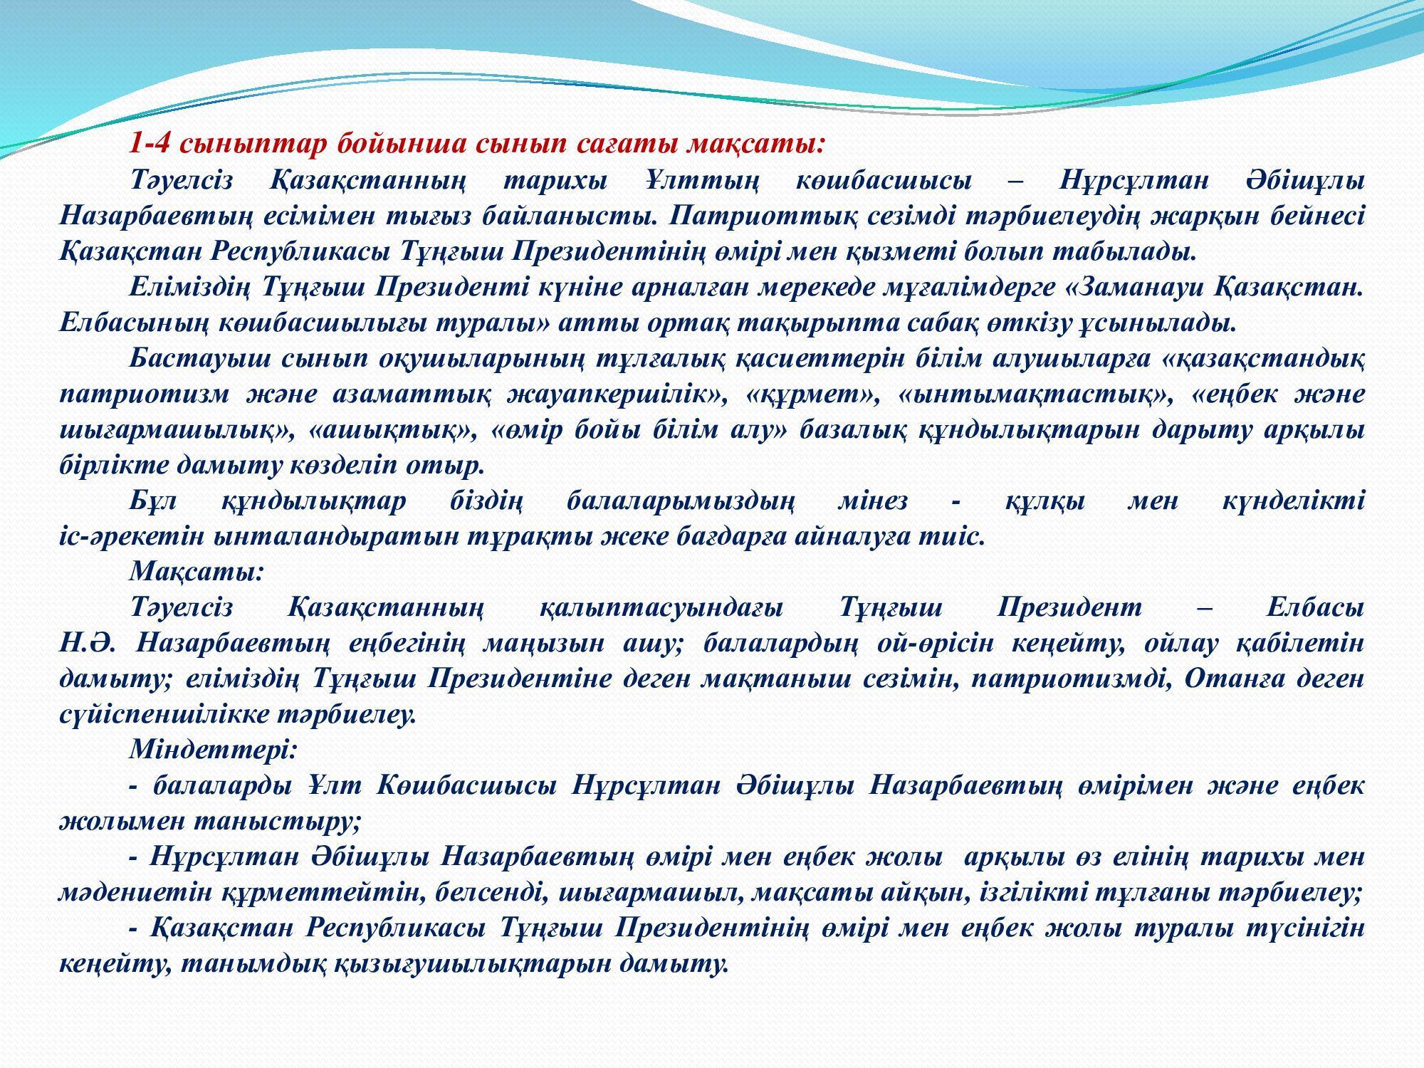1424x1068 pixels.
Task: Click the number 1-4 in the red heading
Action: (150, 145)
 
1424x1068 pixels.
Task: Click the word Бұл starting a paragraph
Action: (152, 501)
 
